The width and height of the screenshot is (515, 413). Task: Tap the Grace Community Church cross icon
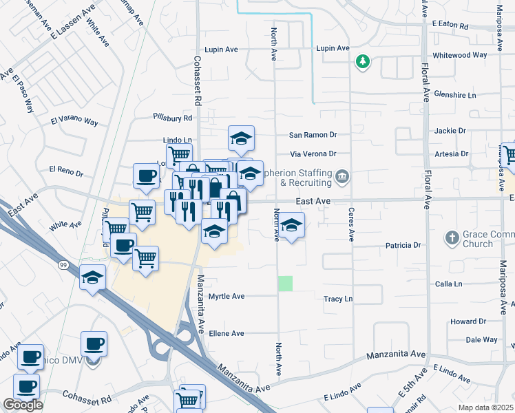tap(452, 237)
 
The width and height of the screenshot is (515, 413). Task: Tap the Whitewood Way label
tap(459, 55)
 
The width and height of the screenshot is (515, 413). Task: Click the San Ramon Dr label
tap(313, 135)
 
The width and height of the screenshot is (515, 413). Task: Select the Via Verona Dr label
tap(313, 154)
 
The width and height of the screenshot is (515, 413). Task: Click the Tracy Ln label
tap(338, 299)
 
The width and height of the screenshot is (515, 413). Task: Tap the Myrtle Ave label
tap(227, 297)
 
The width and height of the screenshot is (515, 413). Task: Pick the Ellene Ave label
tap(227, 333)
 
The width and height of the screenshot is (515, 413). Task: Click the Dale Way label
tap(481, 339)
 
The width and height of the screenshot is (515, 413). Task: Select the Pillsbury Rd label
tap(173, 118)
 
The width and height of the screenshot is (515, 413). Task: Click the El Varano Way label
tap(74, 122)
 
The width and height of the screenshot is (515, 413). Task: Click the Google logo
tap(23, 405)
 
